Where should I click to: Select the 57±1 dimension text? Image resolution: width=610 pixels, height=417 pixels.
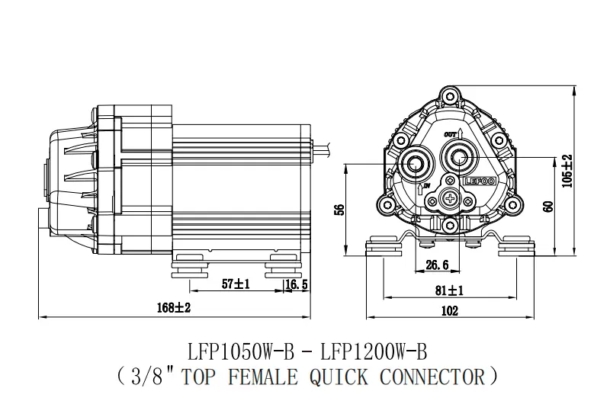click(x=236, y=284)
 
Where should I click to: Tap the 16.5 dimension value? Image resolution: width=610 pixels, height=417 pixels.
click(x=296, y=284)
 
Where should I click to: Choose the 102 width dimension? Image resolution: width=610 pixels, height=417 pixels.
click(x=450, y=310)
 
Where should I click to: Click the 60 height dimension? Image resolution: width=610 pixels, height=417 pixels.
click(x=547, y=207)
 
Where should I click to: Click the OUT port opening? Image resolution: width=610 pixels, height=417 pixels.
click(x=459, y=159)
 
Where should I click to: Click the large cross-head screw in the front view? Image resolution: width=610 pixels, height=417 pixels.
click(x=451, y=200)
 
